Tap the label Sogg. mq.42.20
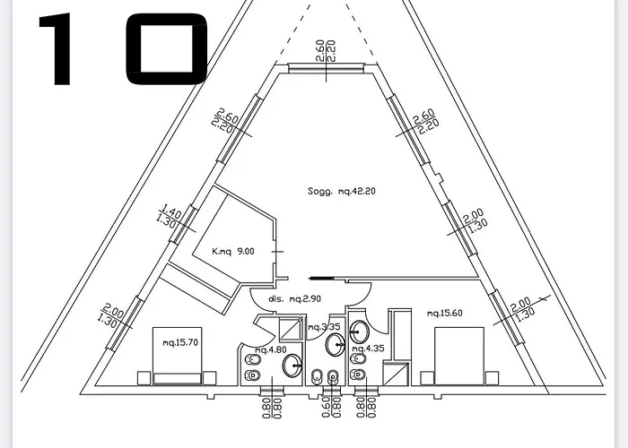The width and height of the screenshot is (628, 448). click(x=339, y=190)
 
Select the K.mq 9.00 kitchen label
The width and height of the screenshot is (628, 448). click(x=232, y=252)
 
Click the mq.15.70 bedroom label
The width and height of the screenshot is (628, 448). click(x=179, y=343)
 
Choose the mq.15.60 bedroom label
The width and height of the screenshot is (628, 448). click(x=445, y=313)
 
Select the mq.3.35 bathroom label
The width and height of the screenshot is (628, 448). click(x=323, y=327)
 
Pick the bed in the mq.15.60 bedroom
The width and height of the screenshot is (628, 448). click(x=460, y=354)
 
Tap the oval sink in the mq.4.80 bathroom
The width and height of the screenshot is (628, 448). click(x=292, y=365)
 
